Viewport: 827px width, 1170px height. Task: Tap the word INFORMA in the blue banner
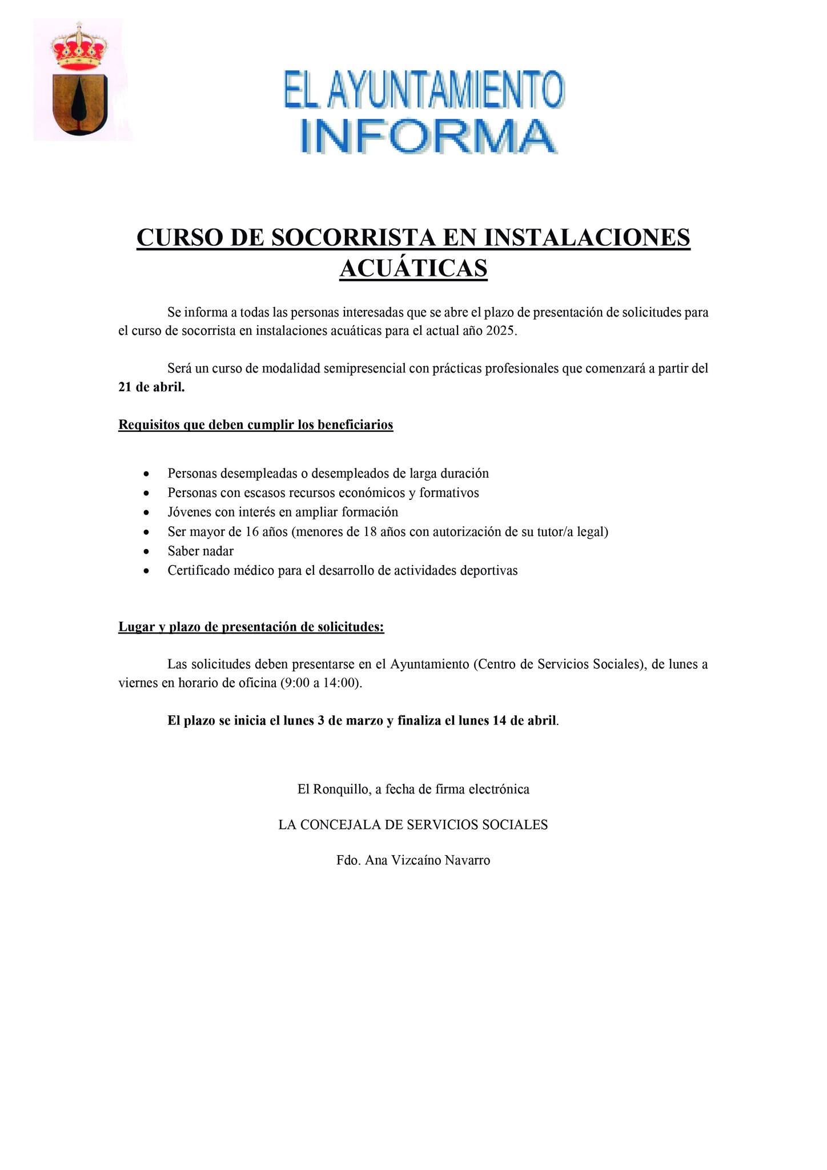pyautogui.click(x=427, y=136)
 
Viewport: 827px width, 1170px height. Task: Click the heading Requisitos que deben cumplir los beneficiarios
pyautogui.click(x=255, y=425)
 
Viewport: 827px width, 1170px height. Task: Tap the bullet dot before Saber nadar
pyautogui.click(x=147, y=551)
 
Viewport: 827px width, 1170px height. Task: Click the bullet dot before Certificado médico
pyautogui.click(x=147, y=571)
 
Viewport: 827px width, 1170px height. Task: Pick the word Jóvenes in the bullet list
pyautogui.click(x=189, y=512)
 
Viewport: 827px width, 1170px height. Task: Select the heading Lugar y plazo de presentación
pyautogui.click(x=251, y=627)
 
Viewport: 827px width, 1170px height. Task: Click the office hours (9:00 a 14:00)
pyautogui.click(x=321, y=683)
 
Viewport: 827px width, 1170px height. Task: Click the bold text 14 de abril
pyautogui.click(x=524, y=721)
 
